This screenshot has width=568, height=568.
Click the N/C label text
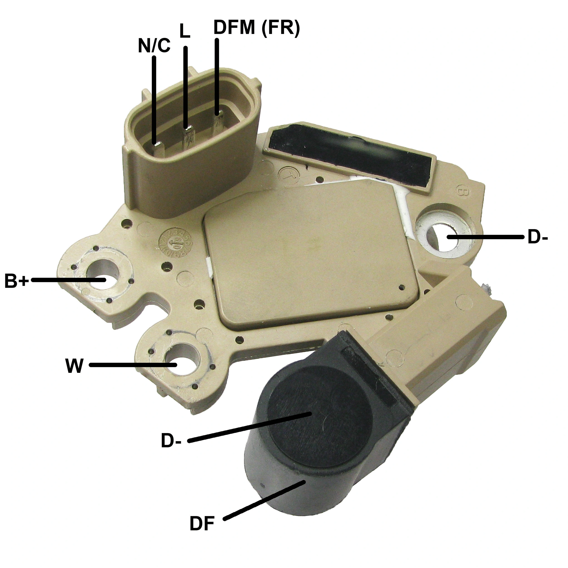click(x=154, y=46)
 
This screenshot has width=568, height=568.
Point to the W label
click(x=74, y=366)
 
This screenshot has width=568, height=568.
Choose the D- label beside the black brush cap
click(x=171, y=441)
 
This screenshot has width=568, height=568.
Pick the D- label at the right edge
click(x=537, y=238)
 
